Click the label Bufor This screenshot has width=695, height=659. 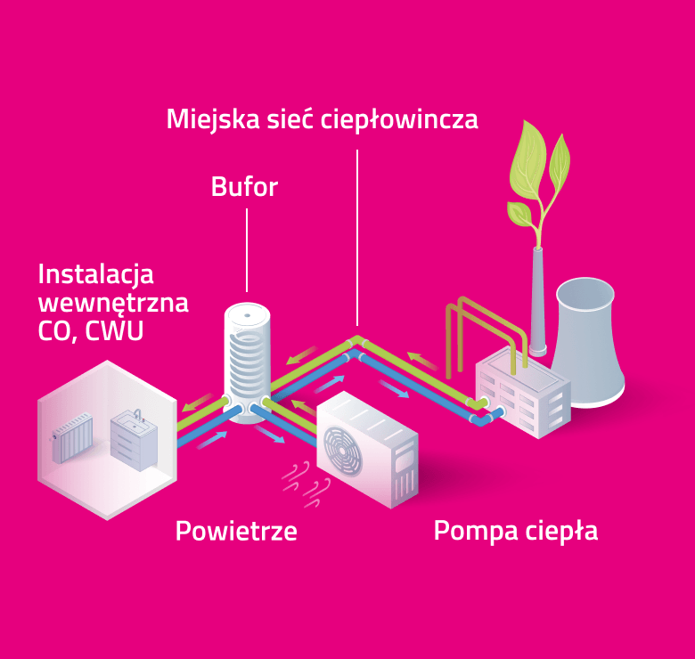click(x=244, y=186)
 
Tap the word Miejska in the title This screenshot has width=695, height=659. click(x=213, y=119)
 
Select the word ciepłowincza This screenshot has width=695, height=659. click(x=399, y=119)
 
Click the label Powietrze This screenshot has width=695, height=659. click(x=236, y=531)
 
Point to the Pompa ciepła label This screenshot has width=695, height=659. click(x=516, y=531)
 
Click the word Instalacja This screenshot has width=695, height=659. click(x=95, y=275)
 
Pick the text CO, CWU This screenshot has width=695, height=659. click(x=91, y=330)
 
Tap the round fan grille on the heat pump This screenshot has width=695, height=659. click(x=342, y=451)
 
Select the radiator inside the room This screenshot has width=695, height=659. click(x=73, y=437)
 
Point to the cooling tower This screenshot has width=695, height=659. click(x=587, y=342)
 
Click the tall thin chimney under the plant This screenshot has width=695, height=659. click(x=537, y=301)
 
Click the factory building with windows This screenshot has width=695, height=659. click(x=523, y=392)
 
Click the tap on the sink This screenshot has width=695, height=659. click(x=138, y=414)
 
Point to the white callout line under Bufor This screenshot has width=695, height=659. click(x=247, y=250)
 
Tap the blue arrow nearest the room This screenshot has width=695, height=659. click(x=212, y=440)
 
